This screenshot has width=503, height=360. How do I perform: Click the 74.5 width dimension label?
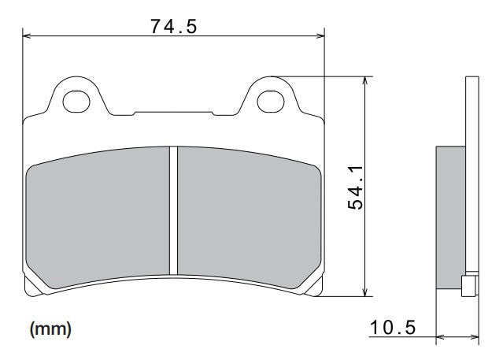(173, 26)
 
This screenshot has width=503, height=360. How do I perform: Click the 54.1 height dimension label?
(356, 187)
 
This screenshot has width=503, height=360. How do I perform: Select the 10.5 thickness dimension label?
(393, 328)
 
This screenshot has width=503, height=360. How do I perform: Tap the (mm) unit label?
(50, 328)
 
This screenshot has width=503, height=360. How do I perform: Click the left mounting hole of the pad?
(76, 102)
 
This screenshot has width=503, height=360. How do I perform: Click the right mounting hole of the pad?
(271, 102)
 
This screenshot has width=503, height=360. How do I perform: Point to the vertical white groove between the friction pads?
(173, 210)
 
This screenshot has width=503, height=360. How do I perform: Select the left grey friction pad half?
(98, 217)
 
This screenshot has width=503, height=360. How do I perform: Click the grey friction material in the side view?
(451, 217)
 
